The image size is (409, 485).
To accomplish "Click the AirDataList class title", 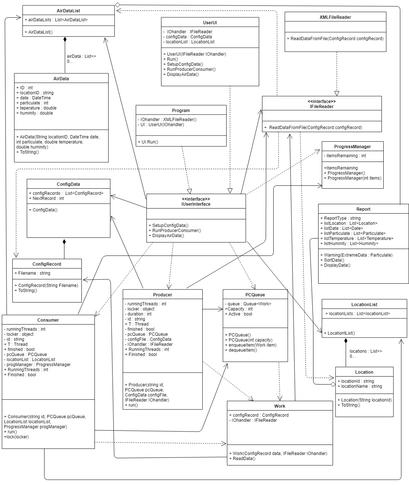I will (68, 11).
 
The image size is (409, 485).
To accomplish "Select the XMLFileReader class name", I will (335, 17).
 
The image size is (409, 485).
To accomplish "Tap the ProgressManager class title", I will (352, 147).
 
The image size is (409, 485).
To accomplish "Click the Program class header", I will (181, 111).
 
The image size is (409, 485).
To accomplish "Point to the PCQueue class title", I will (255, 295).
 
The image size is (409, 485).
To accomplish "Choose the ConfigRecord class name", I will (47, 264).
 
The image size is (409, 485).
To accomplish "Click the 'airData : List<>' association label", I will (81, 56).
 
